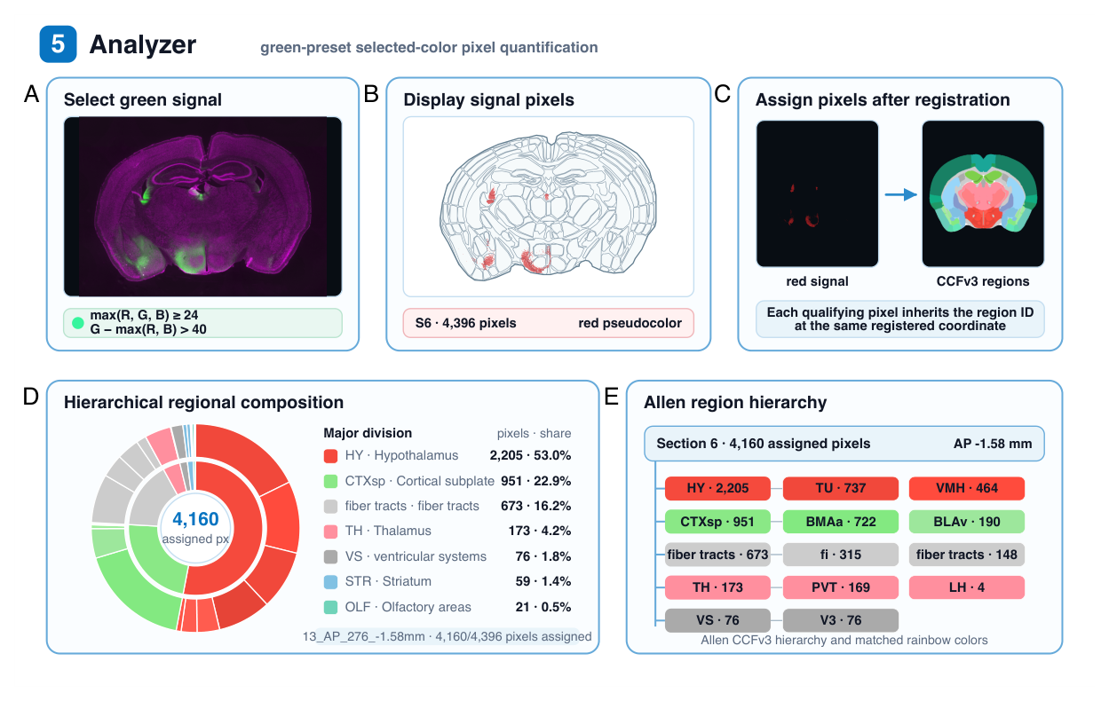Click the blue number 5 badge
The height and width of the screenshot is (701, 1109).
click(x=58, y=44)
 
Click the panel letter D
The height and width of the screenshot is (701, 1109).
click(x=31, y=397)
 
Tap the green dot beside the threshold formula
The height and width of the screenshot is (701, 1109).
click(x=78, y=323)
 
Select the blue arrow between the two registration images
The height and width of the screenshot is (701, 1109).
click(x=900, y=194)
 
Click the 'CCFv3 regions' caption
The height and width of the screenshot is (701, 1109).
click(x=983, y=281)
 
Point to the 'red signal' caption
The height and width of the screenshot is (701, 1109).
click(x=817, y=281)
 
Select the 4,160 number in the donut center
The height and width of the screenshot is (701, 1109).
click(x=195, y=519)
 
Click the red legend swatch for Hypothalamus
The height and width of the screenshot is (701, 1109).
click(x=330, y=455)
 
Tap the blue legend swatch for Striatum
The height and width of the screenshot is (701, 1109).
click(x=330, y=582)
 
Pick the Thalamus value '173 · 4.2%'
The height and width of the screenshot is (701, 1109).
click(x=540, y=531)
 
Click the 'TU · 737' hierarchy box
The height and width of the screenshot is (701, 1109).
click(x=841, y=488)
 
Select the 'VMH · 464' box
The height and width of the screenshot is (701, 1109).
click(x=966, y=488)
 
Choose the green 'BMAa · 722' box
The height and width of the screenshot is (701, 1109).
click(x=841, y=522)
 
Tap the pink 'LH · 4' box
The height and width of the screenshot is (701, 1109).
click(x=966, y=587)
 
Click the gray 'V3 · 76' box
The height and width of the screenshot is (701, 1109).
click(x=841, y=620)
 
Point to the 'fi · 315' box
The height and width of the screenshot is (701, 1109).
click(x=841, y=555)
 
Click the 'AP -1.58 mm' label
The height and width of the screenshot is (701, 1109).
click(x=993, y=444)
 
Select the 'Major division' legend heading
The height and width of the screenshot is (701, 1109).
click(x=368, y=433)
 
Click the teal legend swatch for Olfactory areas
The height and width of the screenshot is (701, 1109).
click(x=330, y=607)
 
